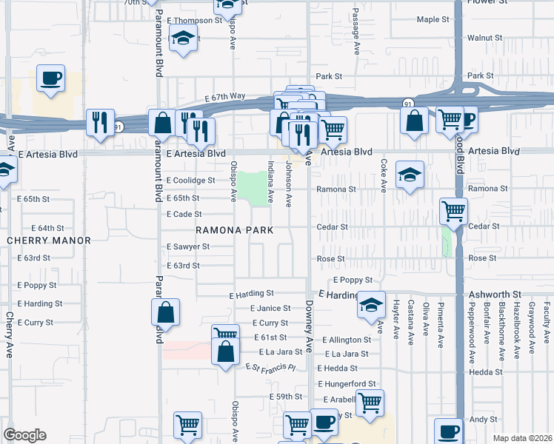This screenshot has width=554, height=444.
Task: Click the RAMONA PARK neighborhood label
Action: click(x=234, y=230)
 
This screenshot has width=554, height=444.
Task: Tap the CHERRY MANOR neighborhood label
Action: click(x=49, y=240)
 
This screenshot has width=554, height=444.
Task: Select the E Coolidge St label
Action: click(x=190, y=180)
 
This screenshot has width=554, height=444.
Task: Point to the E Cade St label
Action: click(x=184, y=214)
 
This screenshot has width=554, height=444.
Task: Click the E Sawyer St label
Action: click(x=188, y=246)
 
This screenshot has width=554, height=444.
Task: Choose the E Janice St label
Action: click(x=270, y=308)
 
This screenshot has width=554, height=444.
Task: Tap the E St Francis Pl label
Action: click(x=271, y=368)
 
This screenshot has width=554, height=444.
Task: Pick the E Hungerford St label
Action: click(x=347, y=383)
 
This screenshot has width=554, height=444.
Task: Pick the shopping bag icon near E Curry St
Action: click(x=167, y=313)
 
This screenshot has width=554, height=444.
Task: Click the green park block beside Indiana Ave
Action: click(x=255, y=186)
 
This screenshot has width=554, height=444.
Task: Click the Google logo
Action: click(x=24, y=435)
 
